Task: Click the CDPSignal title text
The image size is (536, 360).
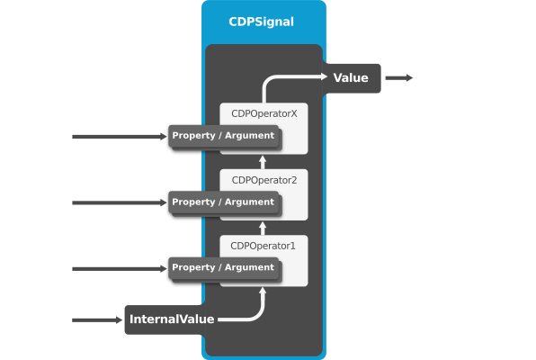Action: pyautogui.click(x=261, y=22)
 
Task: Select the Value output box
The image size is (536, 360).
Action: pyautogui.click(x=353, y=78)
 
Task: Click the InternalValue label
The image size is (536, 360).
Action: pyautogui.click(x=172, y=319)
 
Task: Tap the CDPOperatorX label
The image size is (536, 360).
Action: pyautogui.click(x=264, y=113)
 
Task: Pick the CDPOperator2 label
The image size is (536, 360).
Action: pyautogui.click(x=264, y=180)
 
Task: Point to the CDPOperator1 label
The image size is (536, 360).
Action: pyautogui.click(x=263, y=246)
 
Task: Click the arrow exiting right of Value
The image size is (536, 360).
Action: pyautogui.click(x=399, y=78)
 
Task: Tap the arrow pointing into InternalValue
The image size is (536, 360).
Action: pyautogui.click(x=97, y=320)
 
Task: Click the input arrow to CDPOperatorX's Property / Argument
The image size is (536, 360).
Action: pyautogui.click(x=120, y=137)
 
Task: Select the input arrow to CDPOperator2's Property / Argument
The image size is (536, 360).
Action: pyautogui.click(x=120, y=202)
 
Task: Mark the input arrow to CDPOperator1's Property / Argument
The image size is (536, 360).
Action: pyautogui.click(x=120, y=269)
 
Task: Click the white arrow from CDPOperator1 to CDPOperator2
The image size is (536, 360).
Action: pyautogui.click(x=263, y=229)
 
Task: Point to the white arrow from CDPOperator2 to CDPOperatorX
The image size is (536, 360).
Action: pyautogui.click(x=263, y=162)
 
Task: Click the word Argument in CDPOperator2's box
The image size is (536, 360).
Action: pyautogui.click(x=249, y=202)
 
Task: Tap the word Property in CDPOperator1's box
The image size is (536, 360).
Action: pyautogui.click(x=193, y=268)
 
